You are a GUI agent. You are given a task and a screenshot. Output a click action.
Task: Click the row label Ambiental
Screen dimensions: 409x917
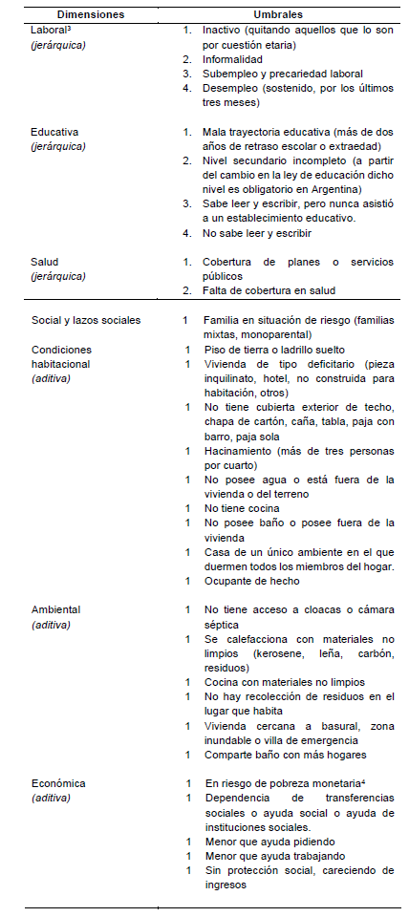[x=55, y=608]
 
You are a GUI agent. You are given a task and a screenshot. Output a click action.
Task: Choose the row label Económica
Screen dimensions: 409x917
[x=57, y=782]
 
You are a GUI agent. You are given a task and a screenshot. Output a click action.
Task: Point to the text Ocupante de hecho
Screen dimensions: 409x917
[x=251, y=580]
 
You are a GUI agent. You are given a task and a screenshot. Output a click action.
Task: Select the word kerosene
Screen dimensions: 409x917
[x=277, y=654]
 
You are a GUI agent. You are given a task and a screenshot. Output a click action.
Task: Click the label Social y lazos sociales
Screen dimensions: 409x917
[x=86, y=320]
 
